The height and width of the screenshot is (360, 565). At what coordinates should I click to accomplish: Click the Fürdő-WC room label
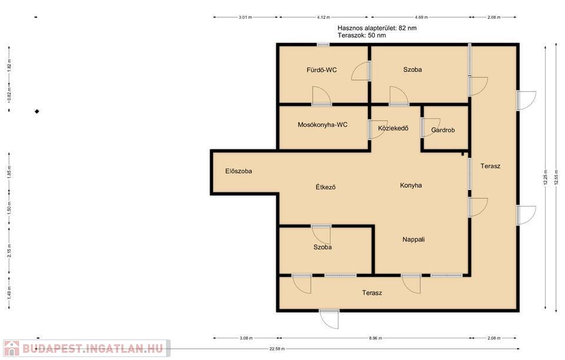[x=321, y=70]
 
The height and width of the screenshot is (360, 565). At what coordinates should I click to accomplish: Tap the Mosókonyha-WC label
[x=323, y=125]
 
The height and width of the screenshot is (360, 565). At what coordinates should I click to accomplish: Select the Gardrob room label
[x=443, y=130]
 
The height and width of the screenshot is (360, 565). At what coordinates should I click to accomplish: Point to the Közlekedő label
[x=393, y=128]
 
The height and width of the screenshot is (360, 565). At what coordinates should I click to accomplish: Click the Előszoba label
[x=238, y=171]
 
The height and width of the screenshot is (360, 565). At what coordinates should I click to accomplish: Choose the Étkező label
[x=325, y=187]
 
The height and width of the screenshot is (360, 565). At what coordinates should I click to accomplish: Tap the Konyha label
[x=411, y=185]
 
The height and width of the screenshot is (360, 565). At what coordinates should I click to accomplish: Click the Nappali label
[x=413, y=239]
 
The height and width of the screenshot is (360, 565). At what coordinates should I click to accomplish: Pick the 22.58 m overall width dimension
[x=277, y=348]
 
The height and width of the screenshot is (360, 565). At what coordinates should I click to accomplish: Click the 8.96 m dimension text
[x=375, y=338]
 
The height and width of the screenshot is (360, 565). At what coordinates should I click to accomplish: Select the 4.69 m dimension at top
[x=421, y=17]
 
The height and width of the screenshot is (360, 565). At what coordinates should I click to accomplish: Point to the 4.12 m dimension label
[x=324, y=17]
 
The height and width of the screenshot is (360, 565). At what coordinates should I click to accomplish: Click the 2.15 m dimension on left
[x=9, y=251]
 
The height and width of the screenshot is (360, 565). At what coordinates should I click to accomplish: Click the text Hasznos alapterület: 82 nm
[x=377, y=28]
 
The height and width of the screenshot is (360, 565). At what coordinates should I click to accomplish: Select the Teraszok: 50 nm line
[x=362, y=35]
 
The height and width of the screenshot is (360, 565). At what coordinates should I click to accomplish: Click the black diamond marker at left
[x=36, y=112]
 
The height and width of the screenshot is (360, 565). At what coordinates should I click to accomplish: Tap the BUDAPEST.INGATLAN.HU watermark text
[x=92, y=348]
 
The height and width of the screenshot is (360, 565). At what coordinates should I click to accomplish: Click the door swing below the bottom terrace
[x=330, y=319]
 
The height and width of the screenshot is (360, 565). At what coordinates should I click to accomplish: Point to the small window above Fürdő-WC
[x=323, y=45]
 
